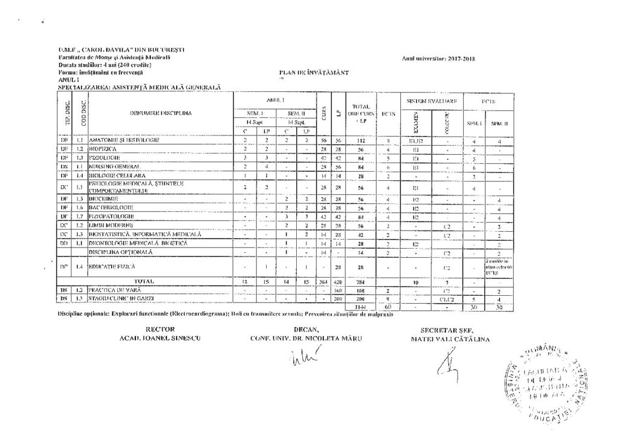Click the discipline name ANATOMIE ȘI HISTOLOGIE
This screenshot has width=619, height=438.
coord(124,140)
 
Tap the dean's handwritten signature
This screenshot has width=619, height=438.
coord(305,362)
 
